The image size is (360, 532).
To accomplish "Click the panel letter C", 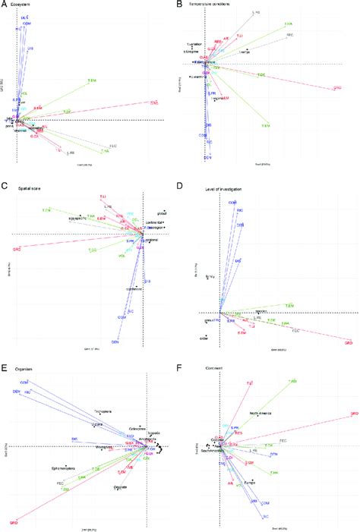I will pyautogui.click(x=4, y=184).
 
